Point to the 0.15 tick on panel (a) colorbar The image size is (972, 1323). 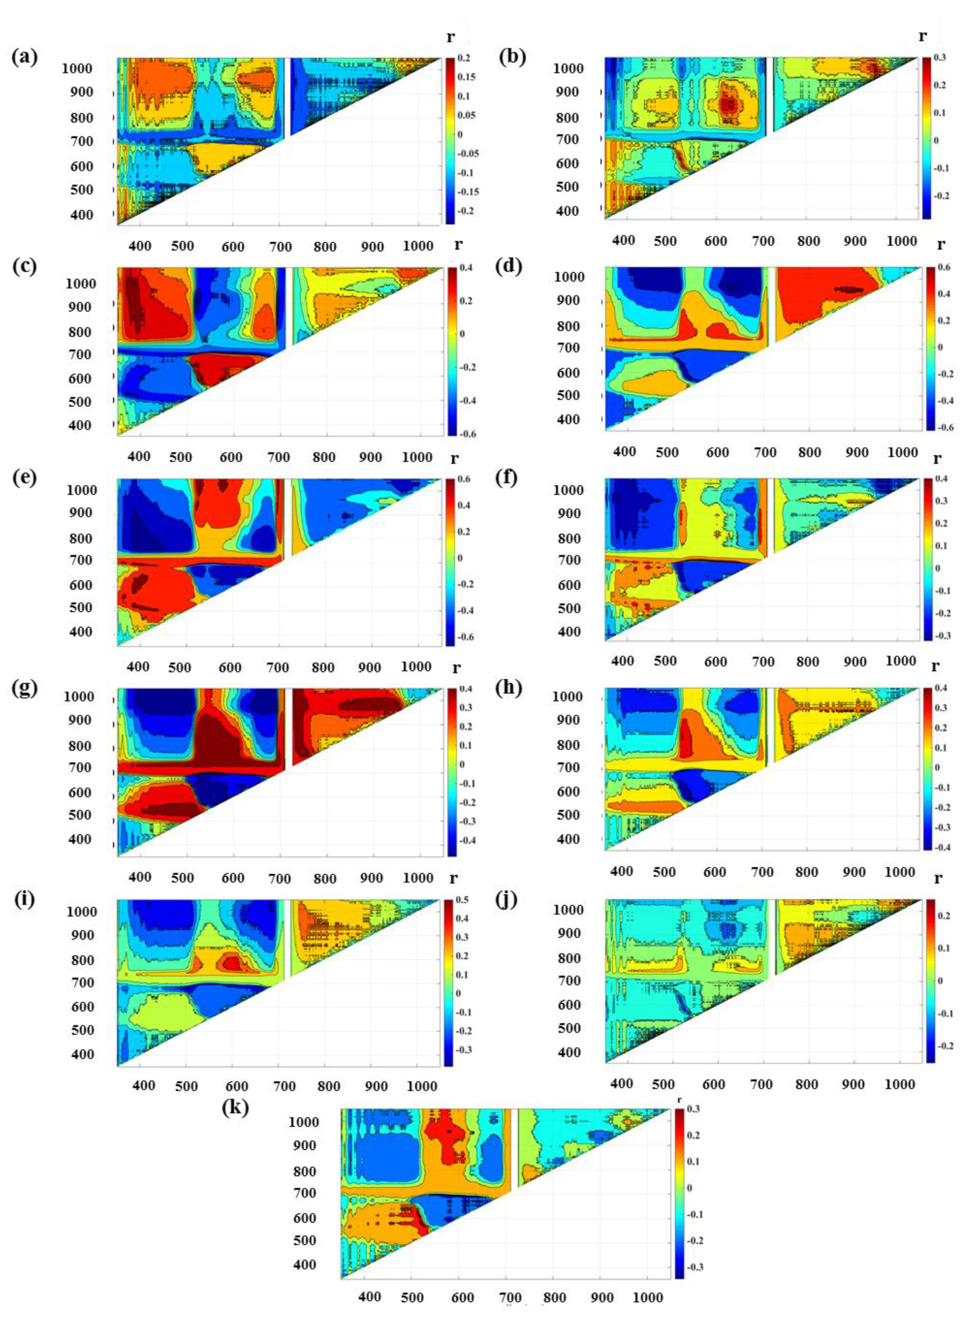(x=467, y=77)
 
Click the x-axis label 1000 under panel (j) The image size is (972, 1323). (x=900, y=1084)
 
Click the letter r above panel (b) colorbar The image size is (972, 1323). (x=923, y=36)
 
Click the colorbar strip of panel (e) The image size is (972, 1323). (x=450, y=562)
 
